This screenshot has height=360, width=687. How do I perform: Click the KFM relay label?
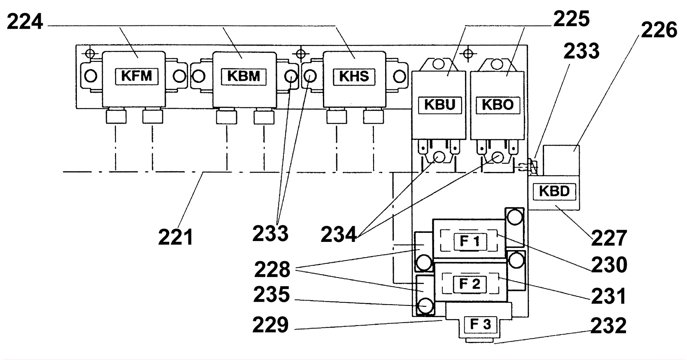tap(137, 76)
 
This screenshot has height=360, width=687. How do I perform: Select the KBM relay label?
tap(243, 76)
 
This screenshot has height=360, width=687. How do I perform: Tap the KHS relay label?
tap(354, 76)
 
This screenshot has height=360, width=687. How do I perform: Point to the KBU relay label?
tap(439, 105)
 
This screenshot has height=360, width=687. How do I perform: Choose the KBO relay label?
tap(498, 105)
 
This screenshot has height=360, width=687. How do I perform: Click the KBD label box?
tap(554, 191)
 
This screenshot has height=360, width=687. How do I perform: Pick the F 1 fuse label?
tap(470, 241)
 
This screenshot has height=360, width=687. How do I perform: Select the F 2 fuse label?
tap(470, 284)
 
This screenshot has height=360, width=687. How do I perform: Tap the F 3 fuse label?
tap(480, 324)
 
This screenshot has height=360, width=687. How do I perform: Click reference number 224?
tap(25, 21)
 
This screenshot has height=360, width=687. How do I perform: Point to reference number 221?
tap(176, 237)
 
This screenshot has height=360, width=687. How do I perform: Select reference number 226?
tap(659, 30)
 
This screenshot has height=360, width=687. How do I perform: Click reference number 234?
tap(339, 235)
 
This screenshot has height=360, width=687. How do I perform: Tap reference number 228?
tap(272, 270)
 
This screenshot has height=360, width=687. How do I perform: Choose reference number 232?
tap(608, 326)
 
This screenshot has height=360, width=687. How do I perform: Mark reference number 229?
tap(270, 325)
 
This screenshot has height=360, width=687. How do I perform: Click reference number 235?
tap(271, 295)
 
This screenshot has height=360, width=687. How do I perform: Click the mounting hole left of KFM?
tap(91, 76)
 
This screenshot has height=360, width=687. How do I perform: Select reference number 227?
tap(609, 238)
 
